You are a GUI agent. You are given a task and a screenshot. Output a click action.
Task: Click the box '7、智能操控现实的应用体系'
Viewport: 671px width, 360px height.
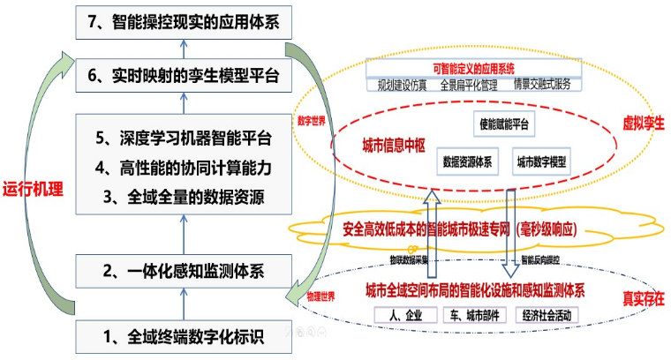pyautogui.click(x=184, y=23)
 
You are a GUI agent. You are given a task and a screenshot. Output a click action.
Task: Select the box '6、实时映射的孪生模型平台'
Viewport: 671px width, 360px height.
pyautogui.click(x=184, y=77)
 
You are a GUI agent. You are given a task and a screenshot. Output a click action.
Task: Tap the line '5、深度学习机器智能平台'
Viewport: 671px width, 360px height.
pyautogui.click(x=183, y=139)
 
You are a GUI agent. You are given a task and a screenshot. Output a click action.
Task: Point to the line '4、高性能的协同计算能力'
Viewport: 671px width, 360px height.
pyautogui.click(x=183, y=168)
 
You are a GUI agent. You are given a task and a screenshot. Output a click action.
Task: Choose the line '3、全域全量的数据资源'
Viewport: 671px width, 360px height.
pyautogui.click(x=183, y=197)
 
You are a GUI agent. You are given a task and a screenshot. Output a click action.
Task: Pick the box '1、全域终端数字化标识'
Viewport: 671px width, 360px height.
pyautogui.click(x=184, y=334)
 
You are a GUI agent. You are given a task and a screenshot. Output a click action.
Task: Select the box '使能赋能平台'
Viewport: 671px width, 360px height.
pyautogui.click(x=501, y=125)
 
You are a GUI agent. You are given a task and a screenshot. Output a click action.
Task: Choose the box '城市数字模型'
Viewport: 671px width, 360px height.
pyautogui.click(x=541, y=162)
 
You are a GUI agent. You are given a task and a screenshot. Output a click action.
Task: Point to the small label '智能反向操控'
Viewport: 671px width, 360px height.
pyautogui.click(x=542, y=260)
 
